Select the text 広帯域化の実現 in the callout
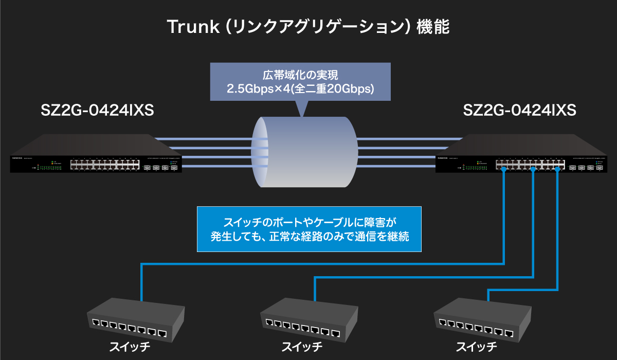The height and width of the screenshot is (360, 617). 300,75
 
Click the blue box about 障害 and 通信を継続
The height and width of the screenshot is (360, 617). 309,229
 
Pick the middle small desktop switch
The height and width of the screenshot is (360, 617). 308,319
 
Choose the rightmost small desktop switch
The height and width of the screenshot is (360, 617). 481,319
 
